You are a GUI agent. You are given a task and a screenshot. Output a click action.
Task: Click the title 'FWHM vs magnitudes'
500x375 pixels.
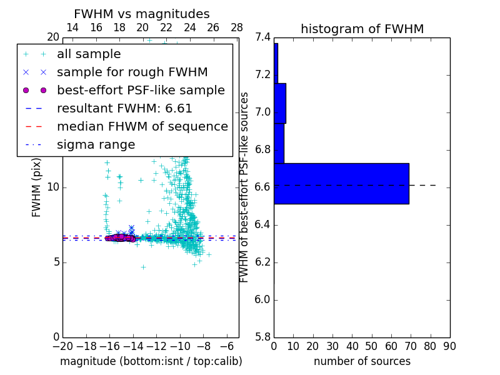[x=141, y=14]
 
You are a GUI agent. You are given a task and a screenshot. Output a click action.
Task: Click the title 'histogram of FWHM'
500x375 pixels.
[x=362, y=29]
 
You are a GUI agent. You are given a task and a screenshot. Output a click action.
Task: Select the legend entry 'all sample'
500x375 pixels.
[x=89, y=54]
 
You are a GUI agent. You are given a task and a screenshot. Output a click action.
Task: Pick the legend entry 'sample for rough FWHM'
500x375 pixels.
[x=132, y=72]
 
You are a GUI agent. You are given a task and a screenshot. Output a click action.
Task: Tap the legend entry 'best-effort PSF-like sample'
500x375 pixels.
[x=141, y=91]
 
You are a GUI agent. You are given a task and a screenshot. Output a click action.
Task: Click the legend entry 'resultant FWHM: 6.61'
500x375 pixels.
[x=124, y=109]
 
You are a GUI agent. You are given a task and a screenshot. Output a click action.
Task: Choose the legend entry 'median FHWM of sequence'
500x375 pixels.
[x=142, y=127]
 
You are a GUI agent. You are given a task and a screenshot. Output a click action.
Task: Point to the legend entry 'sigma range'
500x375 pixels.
[x=96, y=145]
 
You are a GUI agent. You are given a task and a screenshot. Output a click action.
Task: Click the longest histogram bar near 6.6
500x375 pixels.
[x=341, y=184]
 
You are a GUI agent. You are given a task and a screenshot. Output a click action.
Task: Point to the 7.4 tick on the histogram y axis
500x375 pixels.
[x=262, y=37]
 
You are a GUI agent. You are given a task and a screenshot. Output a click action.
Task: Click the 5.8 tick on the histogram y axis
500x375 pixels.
[x=262, y=337]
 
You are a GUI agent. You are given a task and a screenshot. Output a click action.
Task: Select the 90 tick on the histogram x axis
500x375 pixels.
[x=449, y=346]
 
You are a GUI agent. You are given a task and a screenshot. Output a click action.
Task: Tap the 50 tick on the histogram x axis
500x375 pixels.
[x=371, y=346]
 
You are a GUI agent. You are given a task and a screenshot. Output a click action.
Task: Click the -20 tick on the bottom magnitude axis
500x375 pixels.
[x=62, y=346]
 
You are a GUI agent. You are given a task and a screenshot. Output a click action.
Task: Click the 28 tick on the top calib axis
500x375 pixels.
[x=237, y=28]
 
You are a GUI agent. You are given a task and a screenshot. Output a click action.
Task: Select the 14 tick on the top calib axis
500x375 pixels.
[x=72, y=28]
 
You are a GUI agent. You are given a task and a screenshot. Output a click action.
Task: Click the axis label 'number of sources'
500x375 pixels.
[x=362, y=361]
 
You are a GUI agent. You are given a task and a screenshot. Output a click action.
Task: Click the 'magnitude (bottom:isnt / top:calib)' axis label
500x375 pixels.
[x=151, y=361]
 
